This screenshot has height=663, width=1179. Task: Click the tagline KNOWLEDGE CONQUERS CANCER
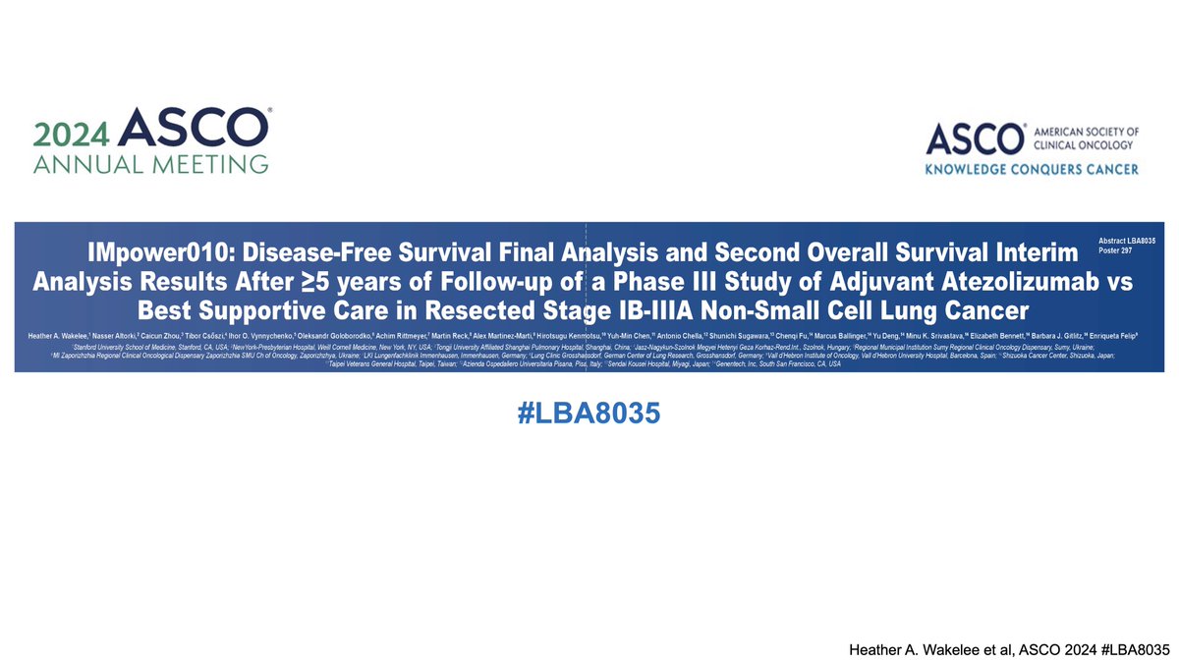click(x=1032, y=170)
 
